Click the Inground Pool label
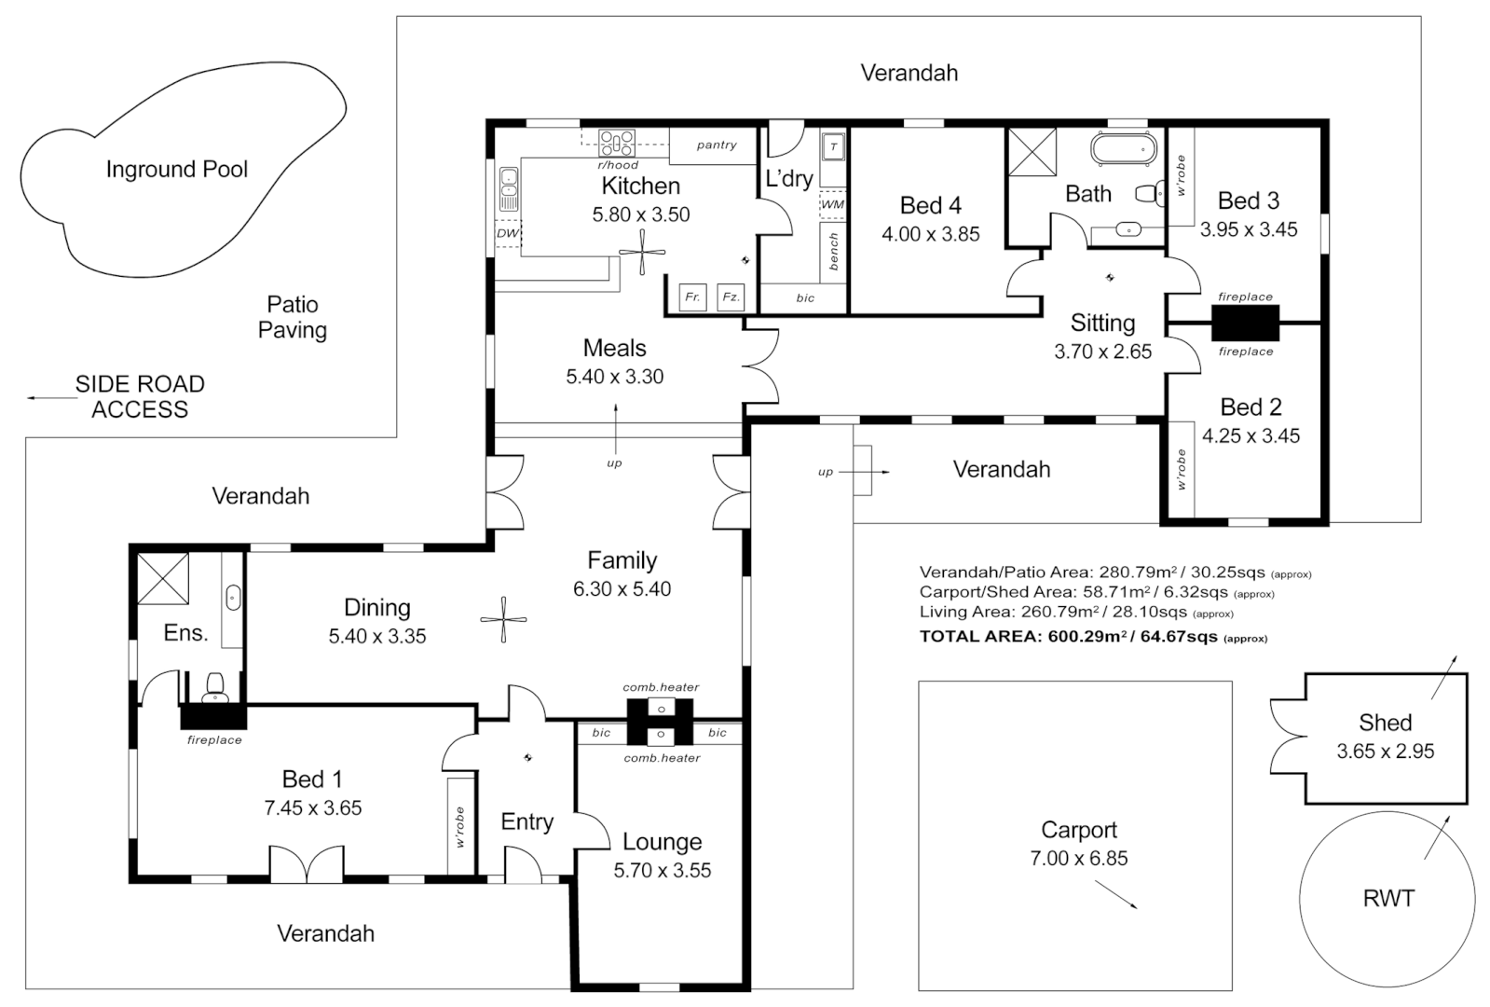tap(176, 169)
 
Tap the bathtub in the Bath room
tap(1124, 148)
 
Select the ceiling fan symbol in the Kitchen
tap(643, 252)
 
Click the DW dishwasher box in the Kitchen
tap(507, 233)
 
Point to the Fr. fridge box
tap(692, 297)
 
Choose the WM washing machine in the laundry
tap(832, 204)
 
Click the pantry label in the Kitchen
tap(716, 145)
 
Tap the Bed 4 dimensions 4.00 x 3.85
tap(930, 234)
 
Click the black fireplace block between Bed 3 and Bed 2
tap(1245, 324)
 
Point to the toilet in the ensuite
tap(214, 688)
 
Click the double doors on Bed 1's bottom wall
tap(307, 863)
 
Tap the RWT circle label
tap(1387, 898)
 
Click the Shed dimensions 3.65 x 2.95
tap(1385, 752)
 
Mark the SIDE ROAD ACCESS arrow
tap(51, 398)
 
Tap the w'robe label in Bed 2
tap(1181, 469)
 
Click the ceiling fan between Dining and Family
tap(503, 620)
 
